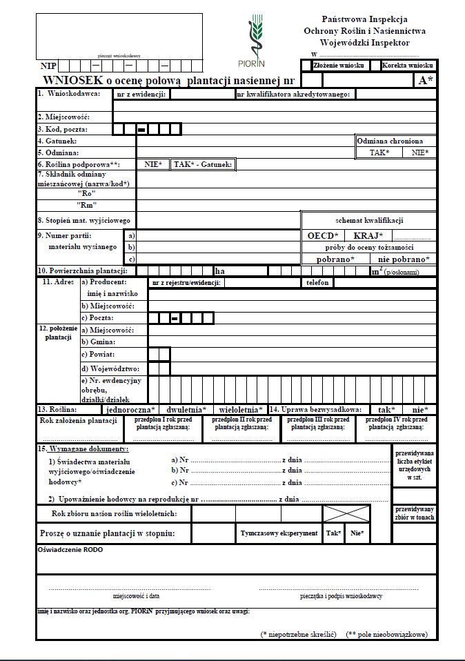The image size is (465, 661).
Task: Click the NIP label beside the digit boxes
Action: click(x=48, y=66)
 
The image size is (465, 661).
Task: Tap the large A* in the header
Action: click(x=426, y=80)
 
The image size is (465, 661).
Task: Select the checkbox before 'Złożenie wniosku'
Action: click(x=306, y=66)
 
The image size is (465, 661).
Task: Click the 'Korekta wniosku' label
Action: click(x=407, y=66)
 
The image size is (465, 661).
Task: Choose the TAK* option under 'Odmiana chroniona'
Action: click(x=379, y=152)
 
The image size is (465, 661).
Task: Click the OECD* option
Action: click(x=323, y=235)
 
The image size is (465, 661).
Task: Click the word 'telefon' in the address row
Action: click(x=317, y=283)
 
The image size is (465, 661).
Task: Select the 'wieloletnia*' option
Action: click(x=241, y=409)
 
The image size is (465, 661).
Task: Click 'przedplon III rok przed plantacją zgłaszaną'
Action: click(x=318, y=423)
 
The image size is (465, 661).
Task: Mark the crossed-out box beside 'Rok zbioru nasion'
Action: click(x=347, y=513)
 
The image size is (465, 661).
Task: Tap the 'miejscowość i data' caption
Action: click(x=136, y=595)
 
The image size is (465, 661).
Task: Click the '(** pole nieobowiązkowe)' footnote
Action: click(x=386, y=633)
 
